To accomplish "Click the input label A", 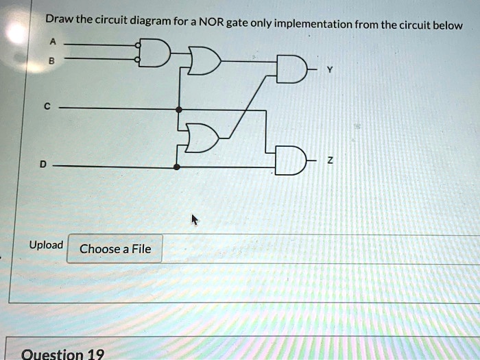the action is (53, 41).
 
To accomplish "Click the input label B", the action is (51, 61).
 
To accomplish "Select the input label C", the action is (47, 106).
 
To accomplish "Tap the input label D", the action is (43, 165).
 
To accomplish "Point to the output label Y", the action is (329, 70).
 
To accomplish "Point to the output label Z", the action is (329, 160).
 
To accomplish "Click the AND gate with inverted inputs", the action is (155, 53).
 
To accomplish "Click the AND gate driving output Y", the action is (291, 69).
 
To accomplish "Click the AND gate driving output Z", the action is (291, 160).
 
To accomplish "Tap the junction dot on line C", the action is (179, 110).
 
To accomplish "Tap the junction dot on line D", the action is (177, 167).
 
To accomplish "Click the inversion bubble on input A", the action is (138, 46).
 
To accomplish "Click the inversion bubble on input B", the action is (138, 60).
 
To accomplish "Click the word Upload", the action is (46, 245).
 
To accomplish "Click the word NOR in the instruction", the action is (212, 23).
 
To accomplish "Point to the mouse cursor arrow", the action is (195, 220).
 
